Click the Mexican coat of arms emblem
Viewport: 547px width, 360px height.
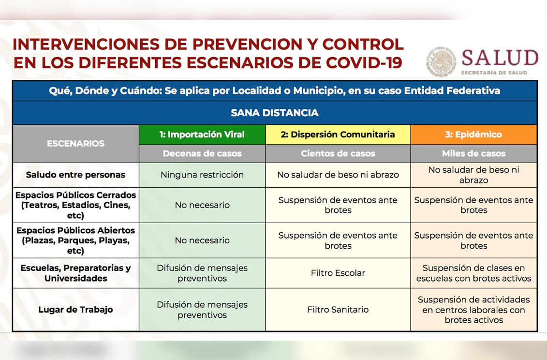(x=441, y=62)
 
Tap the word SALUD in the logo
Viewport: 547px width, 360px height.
(x=500, y=58)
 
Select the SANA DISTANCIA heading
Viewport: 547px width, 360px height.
(x=275, y=113)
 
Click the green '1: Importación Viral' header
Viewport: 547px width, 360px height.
(x=202, y=135)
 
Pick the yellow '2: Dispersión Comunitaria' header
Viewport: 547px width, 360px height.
(x=338, y=135)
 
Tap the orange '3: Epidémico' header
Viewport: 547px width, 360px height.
(x=474, y=135)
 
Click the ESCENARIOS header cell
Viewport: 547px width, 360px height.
(x=76, y=144)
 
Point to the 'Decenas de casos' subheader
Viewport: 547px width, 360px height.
(x=202, y=154)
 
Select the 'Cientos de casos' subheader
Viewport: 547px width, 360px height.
(x=338, y=154)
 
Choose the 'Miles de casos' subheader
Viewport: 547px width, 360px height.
(x=474, y=154)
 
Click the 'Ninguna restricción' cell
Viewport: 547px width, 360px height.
(x=202, y=175)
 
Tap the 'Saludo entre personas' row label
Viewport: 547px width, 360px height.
(x=76, y=175)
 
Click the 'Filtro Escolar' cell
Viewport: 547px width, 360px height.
(x=338, y=273)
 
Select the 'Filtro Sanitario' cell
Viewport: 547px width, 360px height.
(x=338, y=310)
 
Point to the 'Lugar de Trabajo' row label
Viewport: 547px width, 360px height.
(x=76, y=310)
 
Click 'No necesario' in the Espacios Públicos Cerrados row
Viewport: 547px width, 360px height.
(x=202, y=205)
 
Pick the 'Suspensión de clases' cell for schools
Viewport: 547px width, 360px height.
(x=474, y=273)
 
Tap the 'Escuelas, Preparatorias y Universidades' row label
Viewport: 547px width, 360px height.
(x=76, y=273)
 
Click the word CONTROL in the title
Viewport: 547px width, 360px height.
(x=363, y=45)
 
